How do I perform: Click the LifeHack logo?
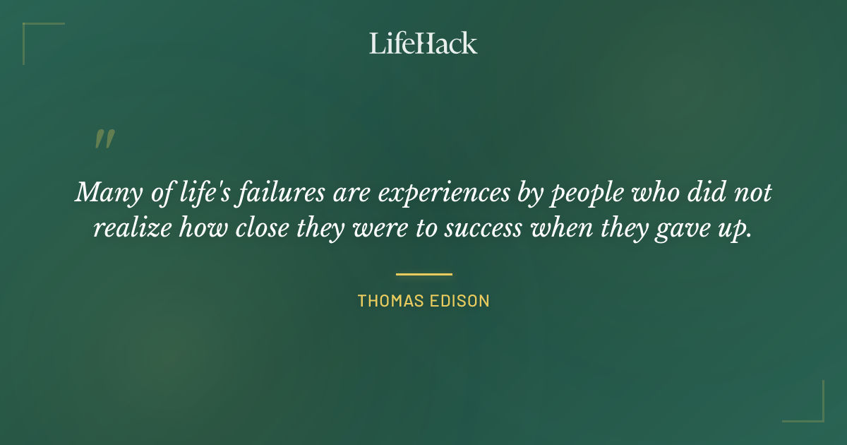pos(423,43)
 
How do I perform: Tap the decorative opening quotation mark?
pos(104,139)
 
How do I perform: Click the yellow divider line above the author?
pos(423,274)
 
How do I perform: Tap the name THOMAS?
pos(389,301)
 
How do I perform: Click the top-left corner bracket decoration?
pos(32,32)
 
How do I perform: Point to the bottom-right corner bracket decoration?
pos(815,413)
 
